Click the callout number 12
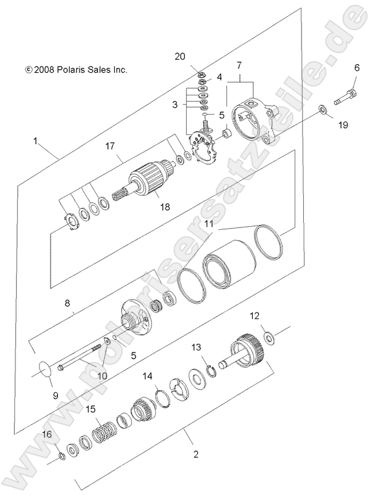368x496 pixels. pyautogui.click(x=255, y=316)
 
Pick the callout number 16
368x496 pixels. pyautogui.click(x=47, y=435)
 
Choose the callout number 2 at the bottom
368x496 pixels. pyautogui.click(x=195, y=455)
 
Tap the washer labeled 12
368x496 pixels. pyautogui.click(x=269, y=337)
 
